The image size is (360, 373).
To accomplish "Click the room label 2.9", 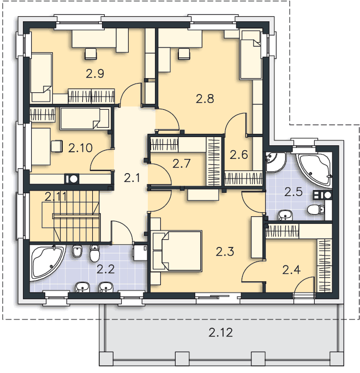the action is [x=95, y=74].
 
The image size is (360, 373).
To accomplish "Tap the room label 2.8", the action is [x=205, y=98].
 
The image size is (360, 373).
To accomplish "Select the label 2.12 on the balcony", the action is [x=220, y=333].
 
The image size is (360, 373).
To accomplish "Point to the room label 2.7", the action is [x=181, y=163].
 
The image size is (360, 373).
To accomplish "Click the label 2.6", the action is [x=239, y=155].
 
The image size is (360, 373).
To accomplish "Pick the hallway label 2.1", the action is [x=132, y=177].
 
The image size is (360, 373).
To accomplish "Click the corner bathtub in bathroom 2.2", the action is [x=47, y=263].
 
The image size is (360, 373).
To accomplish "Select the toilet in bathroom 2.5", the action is [x=316, y=210].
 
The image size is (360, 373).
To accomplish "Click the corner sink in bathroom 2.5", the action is [x=274, y=161].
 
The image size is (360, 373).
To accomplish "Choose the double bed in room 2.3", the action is [x=177, y=251].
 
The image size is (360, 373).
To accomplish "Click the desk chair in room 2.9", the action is [x=91, y=54].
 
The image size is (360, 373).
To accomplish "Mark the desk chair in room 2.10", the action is [x=57, y=146].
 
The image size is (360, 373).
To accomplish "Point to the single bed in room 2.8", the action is [x=251, y=55].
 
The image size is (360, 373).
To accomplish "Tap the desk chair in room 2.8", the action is [x=184, y=54].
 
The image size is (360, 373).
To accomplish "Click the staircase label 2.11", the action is [x=56, y=197].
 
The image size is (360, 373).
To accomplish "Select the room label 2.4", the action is [x=291, y=270].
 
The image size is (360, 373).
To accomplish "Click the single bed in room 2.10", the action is [x=85, y=119].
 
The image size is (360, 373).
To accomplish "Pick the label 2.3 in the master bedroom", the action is [x=225, y=251].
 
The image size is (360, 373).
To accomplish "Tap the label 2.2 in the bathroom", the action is [x=106, y=269].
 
